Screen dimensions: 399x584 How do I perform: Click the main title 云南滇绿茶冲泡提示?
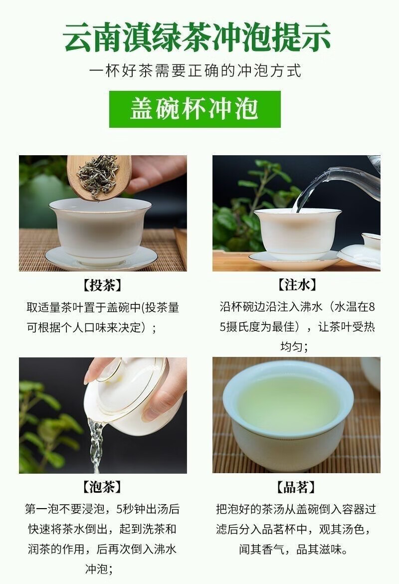(x=197, y=37)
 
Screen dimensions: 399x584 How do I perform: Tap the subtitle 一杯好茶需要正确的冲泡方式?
(x=196, y=71)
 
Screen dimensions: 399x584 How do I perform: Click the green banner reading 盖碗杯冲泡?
(x=195, y=109)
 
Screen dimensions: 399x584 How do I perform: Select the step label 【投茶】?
(x=102, y=286)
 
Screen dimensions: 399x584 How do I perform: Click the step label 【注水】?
(x=297, y=285)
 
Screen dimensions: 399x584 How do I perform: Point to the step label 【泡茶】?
(x=102, y=487)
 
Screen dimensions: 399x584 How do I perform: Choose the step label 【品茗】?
(x=296, y=487)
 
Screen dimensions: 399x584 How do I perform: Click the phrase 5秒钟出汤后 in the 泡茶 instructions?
(x=148, y=509)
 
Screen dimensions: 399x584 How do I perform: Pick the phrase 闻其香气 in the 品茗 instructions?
(x=262, y=549)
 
